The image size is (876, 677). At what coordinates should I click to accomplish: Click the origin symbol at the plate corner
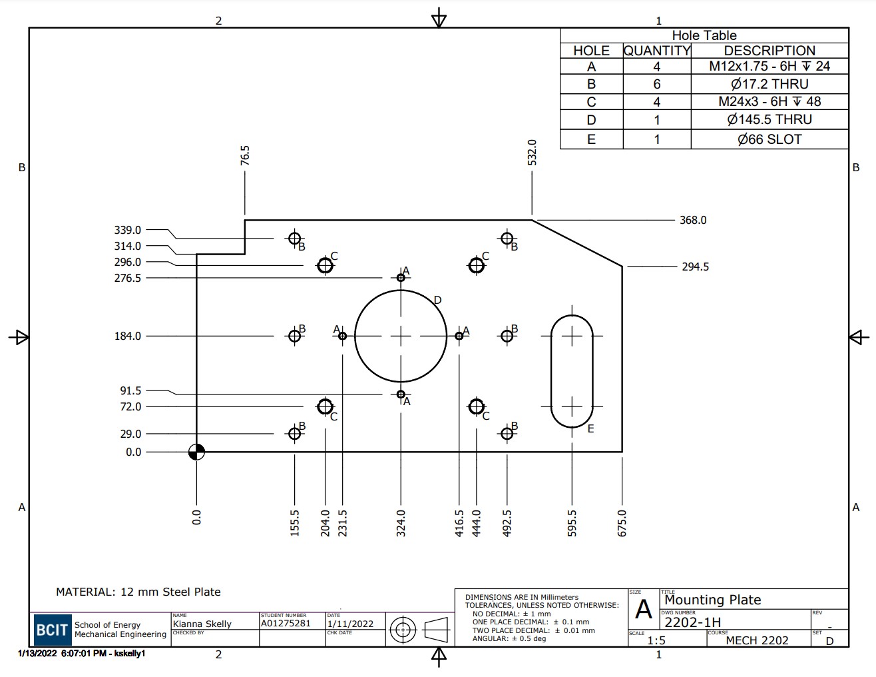pos(196,452)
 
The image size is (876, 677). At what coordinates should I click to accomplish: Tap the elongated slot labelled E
pos(572,371)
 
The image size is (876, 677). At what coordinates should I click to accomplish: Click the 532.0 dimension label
pos(532,153)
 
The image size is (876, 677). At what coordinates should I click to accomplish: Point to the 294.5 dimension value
pos(695,267)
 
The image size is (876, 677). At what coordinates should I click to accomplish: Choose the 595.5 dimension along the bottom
pos(572,523)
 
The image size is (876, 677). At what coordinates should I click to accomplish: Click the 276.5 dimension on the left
pos(128,278)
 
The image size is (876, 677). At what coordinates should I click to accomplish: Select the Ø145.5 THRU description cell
pos(769,120)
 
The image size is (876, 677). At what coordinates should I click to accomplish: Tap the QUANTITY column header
pos(656,51)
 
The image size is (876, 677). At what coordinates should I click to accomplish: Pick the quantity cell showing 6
pos(656,84)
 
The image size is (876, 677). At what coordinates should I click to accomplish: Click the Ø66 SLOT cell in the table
pos(769,139)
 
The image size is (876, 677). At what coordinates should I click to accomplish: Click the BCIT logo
pos(52,630)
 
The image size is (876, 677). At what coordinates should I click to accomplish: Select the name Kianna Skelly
pos(202,624)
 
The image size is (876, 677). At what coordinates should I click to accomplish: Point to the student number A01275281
pos(286,624)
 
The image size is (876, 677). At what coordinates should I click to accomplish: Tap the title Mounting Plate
pos(712,600)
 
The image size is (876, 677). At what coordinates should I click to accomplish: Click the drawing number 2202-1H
pos(692,622)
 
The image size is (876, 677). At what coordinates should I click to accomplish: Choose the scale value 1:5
pos(656,640)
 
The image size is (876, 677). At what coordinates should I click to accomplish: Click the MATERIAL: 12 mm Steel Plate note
pos(138,592)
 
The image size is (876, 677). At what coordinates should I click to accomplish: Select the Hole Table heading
pos(704,35)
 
